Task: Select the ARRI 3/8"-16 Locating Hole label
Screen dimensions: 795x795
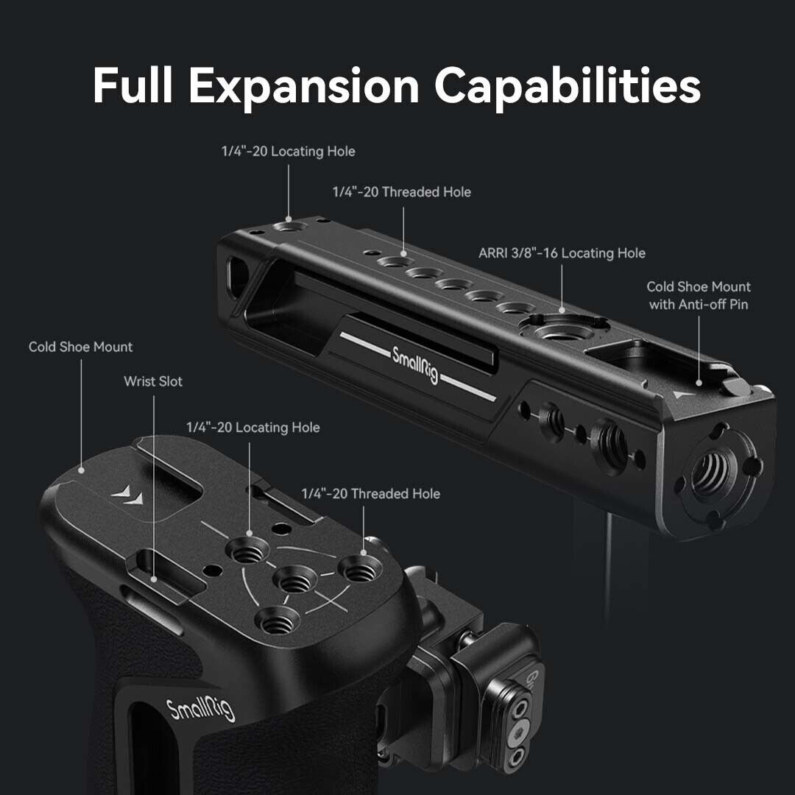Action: [x=562, y=253]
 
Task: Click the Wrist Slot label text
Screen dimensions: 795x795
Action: [x=153, y=381]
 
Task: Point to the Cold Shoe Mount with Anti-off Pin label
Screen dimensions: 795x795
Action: [x=699, y=296]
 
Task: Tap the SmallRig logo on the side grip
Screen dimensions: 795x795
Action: [x=201, y=708]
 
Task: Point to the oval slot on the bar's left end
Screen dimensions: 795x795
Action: [x=237, y=276]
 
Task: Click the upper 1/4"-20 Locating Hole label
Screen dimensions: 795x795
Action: [x=288, y=151]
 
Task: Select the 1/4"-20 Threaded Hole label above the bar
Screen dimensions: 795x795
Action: [x=402, y=191]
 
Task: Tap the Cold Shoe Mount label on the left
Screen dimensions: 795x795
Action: [x=81, y=347]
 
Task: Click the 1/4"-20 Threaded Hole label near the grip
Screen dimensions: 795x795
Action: [x=370, y=493]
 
